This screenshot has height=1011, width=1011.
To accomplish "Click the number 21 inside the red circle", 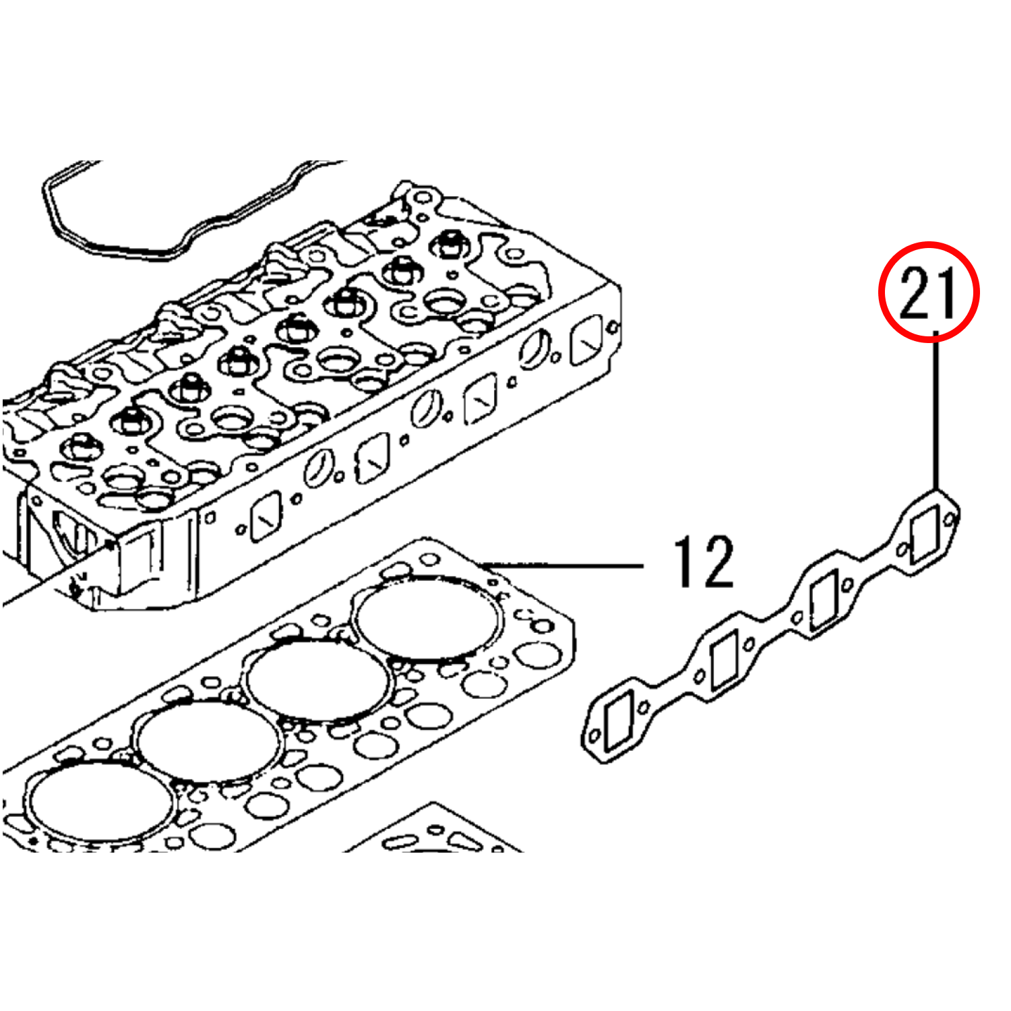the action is coord(927,293).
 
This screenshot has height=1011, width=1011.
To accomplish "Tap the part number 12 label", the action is coord(703,561).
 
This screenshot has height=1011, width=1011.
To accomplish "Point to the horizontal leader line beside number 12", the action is coord(563,565).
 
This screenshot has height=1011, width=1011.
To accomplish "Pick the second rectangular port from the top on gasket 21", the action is coord(824,599).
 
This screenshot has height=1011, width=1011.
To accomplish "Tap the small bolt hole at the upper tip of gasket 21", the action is coord(950,520).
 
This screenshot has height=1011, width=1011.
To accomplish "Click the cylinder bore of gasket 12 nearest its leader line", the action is coord(428,618).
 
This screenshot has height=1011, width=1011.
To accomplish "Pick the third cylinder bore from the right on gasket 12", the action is coord(208,741).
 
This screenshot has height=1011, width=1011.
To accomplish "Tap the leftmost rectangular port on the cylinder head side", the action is coord(265,516).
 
